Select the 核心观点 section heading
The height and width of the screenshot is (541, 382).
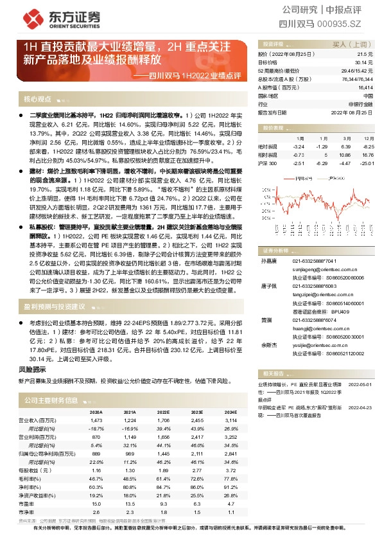point(37,99)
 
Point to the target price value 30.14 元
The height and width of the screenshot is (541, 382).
point(364,63)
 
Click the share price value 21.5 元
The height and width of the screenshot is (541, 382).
point(365,55)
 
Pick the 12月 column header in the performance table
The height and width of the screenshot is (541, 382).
point(368,138)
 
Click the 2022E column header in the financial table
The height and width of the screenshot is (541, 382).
point(164,412)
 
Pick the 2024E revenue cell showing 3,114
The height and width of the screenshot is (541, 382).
point(230,420)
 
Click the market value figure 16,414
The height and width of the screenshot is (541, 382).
point(365,87)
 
